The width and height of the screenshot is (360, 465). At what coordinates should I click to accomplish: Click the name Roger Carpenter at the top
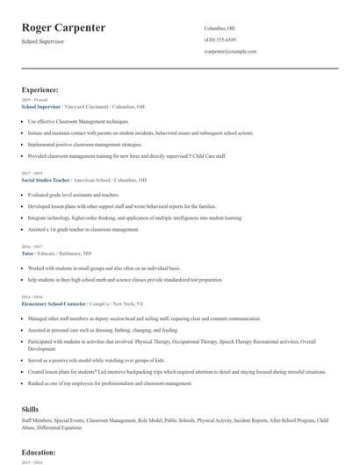point(64,28)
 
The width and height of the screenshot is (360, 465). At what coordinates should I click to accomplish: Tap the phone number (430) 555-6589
point(220,39)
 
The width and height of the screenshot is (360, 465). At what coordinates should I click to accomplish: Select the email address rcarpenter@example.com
point(230,52)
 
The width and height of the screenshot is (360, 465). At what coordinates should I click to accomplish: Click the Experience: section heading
point(40,89)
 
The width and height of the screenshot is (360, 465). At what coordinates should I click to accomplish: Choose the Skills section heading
point(30,409)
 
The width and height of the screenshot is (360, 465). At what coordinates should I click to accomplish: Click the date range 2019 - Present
point(33,100)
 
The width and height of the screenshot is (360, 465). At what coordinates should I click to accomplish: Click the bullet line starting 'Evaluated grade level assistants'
point(74,195)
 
